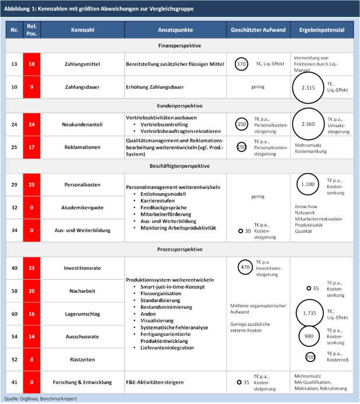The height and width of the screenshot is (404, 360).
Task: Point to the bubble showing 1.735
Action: (x=309, y=314)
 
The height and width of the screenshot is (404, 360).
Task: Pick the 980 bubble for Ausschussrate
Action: (x=309, y=336)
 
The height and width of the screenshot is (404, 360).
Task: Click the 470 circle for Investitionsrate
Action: (x=245, y=267)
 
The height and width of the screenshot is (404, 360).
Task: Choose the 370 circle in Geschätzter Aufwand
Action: (x=242, y=64)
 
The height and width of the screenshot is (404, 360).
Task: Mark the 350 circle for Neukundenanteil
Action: (x=242, y=124)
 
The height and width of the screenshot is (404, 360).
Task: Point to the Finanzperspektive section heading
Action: (x=179, y=45)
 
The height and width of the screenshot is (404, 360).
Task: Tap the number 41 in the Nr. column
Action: (x=14, y=382)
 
